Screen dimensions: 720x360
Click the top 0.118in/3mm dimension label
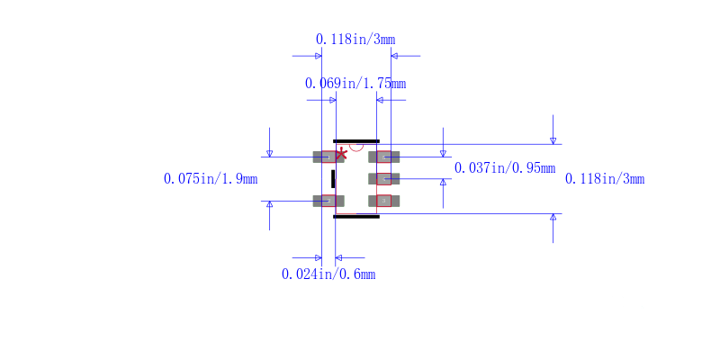355,40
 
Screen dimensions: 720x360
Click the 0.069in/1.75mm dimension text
355,84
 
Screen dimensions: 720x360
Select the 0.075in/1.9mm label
211,178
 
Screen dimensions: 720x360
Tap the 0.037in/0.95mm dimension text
505,168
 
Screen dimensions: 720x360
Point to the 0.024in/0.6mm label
328,274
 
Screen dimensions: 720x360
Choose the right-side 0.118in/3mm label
605,178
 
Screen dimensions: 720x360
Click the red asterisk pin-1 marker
341,154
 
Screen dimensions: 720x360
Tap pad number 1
328,157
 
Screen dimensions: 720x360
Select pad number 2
328,201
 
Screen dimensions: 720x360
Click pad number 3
384,201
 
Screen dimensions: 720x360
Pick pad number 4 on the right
384,179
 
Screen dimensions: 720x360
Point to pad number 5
384,157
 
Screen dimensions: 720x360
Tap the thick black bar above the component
356,141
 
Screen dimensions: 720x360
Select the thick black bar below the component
356,216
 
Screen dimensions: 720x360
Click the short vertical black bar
333,178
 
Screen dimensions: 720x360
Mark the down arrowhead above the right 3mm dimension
553,141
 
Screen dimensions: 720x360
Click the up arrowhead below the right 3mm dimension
553,217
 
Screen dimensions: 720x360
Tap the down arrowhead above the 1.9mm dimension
269,153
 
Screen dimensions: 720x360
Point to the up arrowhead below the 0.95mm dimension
443,183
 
